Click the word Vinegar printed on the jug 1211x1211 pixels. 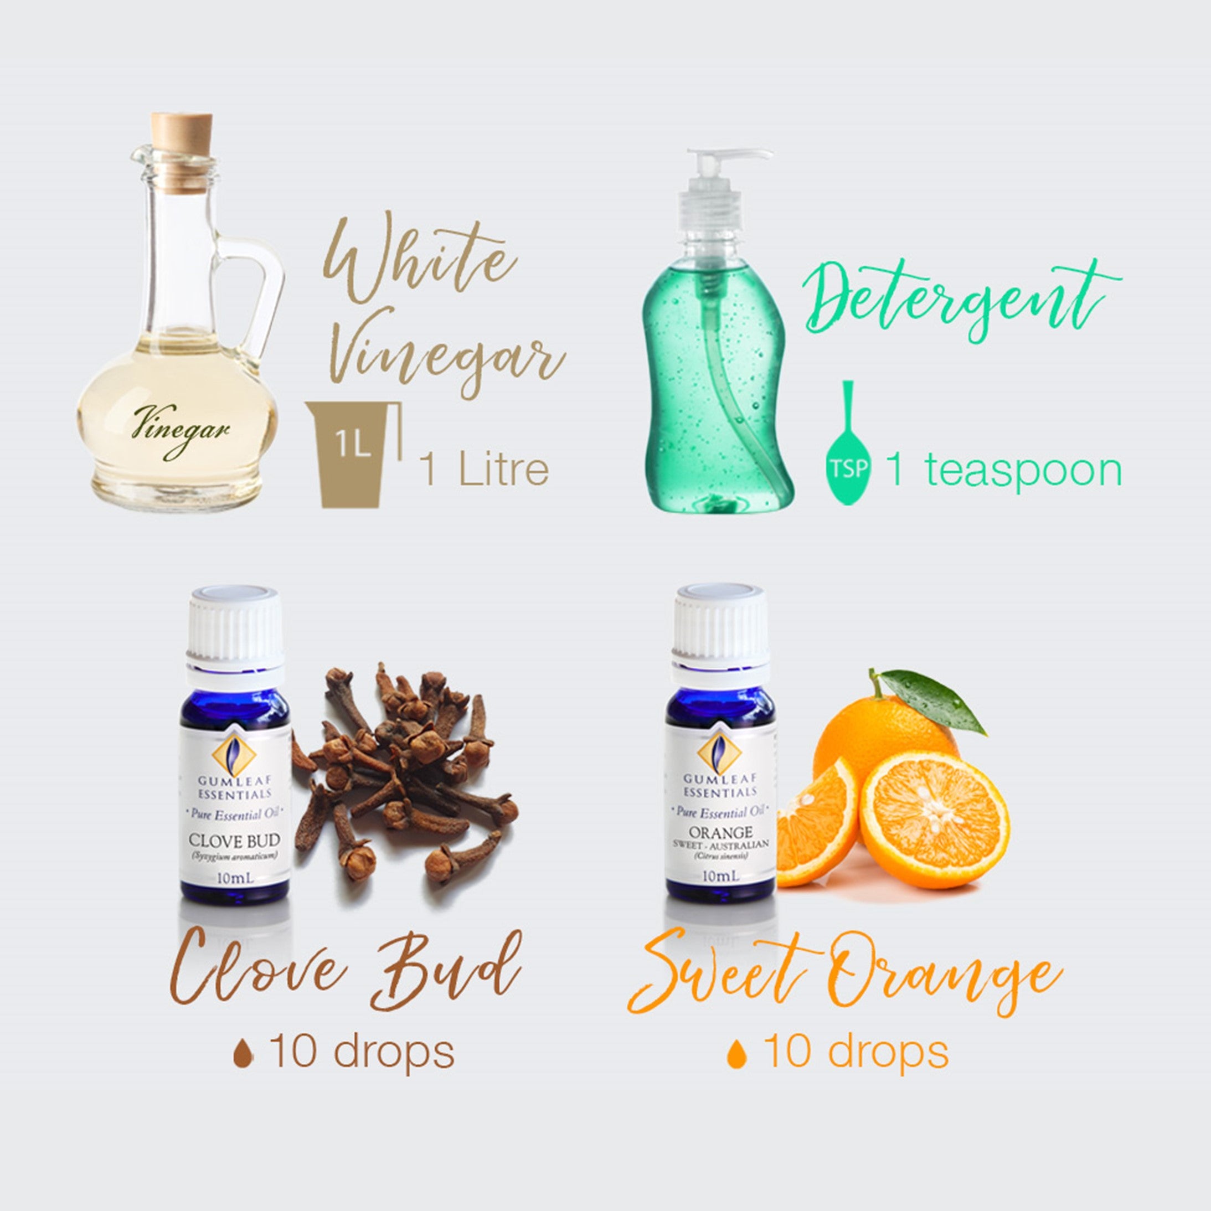point(181,431)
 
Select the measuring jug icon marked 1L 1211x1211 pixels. point(353,453)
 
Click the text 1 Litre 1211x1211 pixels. point(484,470)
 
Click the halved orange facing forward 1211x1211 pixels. point(934,820)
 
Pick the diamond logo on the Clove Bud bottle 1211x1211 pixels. point(234,755)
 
